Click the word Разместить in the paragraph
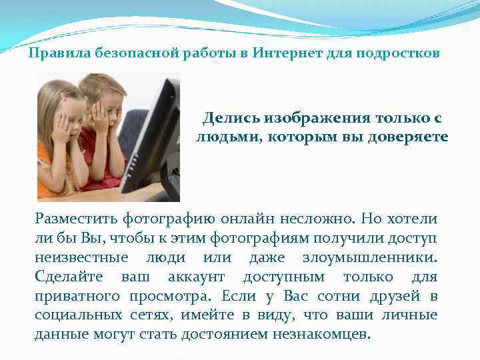[77, 219]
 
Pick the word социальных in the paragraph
[76, 315]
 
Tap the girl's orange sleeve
[45, 167]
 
